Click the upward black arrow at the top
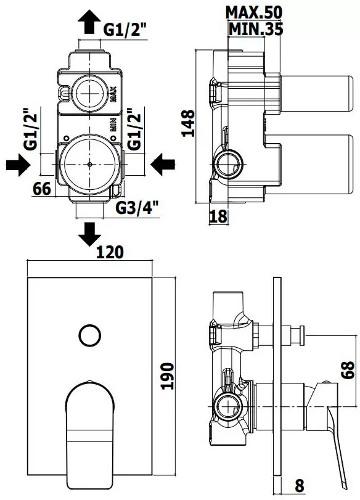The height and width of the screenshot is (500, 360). tap(89, 22)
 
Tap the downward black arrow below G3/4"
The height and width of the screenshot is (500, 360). tap(89, 234)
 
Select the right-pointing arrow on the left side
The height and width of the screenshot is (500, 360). tap(18, 165)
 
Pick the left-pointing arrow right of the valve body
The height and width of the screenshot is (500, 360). tap(163, 165)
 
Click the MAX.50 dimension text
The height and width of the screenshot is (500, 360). tap(253, 12)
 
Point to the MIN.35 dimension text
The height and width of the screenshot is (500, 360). tap(256, 29)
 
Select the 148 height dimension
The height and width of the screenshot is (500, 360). tap(188, 123)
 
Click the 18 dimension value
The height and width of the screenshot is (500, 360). tap(218, 216)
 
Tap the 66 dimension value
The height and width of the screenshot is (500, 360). tap(42, 189)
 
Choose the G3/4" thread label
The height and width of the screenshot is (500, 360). tap(137, 208)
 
